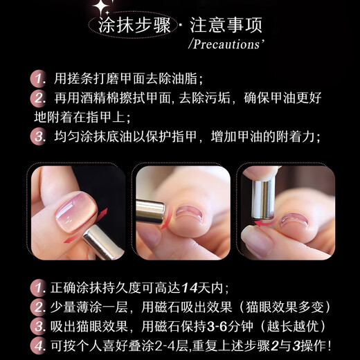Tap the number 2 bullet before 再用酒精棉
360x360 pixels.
tap(39, 97)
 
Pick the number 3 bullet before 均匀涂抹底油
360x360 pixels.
tap(39, 136)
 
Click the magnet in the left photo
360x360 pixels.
tap(100, 243)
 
